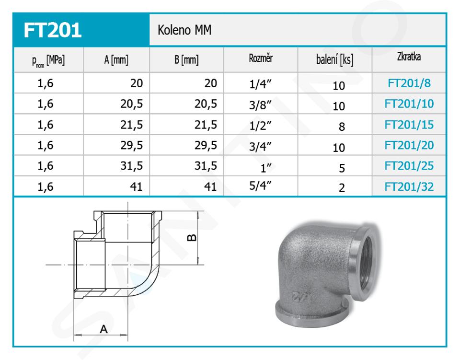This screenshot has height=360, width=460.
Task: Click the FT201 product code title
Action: click(53, 30)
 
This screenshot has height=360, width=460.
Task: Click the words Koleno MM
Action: click(184, 30)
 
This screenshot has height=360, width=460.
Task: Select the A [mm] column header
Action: click(116, 60)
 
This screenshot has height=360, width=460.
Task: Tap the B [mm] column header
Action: click(186, 60)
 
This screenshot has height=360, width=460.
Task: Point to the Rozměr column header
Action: click(261, 58)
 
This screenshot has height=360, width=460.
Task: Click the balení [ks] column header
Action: click(335, 60)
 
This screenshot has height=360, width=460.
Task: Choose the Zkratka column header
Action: click(409, 57)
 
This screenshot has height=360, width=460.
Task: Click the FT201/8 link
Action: click(409, 83)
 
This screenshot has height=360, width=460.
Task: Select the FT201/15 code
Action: click(409, 125)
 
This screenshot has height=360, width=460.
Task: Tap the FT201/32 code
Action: click(409, 186)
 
